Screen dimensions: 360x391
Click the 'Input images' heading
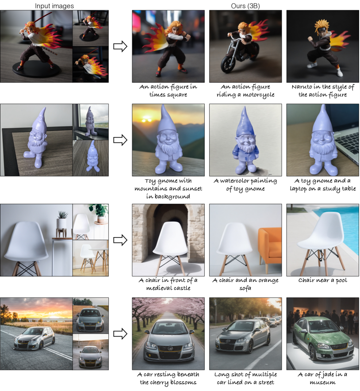tap(54, 6)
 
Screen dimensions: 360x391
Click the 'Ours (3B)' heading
tap(245, 6)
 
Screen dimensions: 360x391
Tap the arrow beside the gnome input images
tap(120, 140)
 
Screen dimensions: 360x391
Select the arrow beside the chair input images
tap(120, 240)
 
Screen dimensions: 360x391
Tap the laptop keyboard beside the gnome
tap(347, 142)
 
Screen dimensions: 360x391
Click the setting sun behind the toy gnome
tap(146, 120)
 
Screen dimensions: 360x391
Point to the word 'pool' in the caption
tap(341, 280)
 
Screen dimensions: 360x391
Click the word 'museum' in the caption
tap(322, 382)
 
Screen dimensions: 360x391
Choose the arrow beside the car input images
tap(120, 333)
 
